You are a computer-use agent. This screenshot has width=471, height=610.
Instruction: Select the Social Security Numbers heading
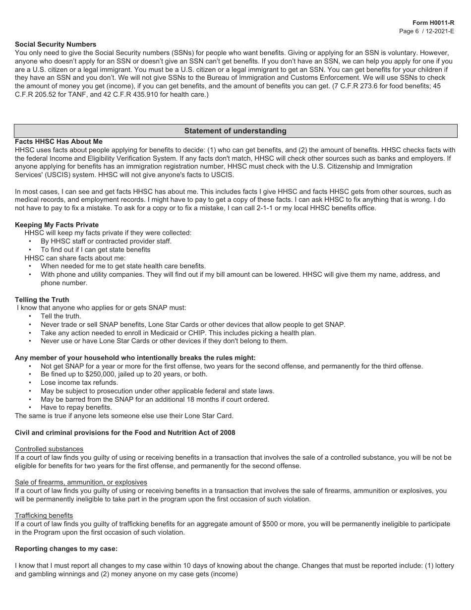(56, 45)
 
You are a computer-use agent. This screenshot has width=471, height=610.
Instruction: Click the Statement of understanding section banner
(235, 131)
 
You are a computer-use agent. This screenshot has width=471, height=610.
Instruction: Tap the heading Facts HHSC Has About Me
(59, 142)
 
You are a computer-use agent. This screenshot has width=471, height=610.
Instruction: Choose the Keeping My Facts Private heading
(57, 225)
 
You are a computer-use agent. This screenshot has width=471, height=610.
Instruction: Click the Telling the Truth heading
(42, 300)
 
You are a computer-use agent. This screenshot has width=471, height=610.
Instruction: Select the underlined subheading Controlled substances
(49, 449)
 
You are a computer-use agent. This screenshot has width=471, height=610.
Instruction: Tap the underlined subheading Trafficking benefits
(44, 515)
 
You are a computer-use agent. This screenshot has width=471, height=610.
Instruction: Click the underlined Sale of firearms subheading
(81, 482)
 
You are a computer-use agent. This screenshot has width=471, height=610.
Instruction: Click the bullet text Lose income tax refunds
(79, 383)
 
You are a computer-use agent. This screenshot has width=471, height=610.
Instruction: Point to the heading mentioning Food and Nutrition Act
(125, 432)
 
